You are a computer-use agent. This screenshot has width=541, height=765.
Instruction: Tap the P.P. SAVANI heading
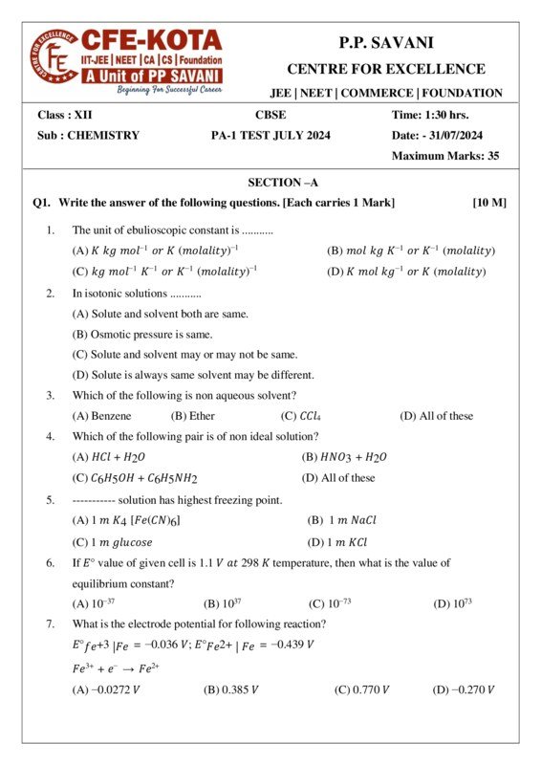[x=385, y=43]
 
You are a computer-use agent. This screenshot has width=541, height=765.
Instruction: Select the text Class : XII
[x=65, y=115]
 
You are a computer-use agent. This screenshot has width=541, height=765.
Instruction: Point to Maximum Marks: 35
[x=445, y=155]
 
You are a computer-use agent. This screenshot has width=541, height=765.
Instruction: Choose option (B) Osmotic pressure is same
[x=142, y=334]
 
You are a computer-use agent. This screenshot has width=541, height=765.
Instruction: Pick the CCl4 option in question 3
[x=307, y=415]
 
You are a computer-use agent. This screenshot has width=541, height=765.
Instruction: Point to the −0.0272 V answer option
[x=106, y=689]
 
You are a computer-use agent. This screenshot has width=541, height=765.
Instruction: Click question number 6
[x=50, y=563]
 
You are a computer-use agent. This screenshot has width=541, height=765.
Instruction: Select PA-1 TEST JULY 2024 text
[x=270, y=135]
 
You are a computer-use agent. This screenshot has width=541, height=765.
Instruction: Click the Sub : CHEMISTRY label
[x=88, y=135]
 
